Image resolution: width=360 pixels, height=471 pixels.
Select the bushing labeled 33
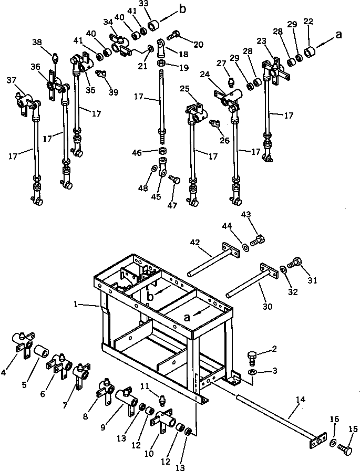tap(155, 26)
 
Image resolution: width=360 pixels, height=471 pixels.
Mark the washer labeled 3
tap(253, 372)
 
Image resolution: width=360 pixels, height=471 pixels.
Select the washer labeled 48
tap(154, 169)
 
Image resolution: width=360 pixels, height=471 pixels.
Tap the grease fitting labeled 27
tap(230, 80)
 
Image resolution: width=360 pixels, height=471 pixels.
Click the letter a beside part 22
tap(339, 35)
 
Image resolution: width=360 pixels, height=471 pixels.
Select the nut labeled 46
tap(163, 151)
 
